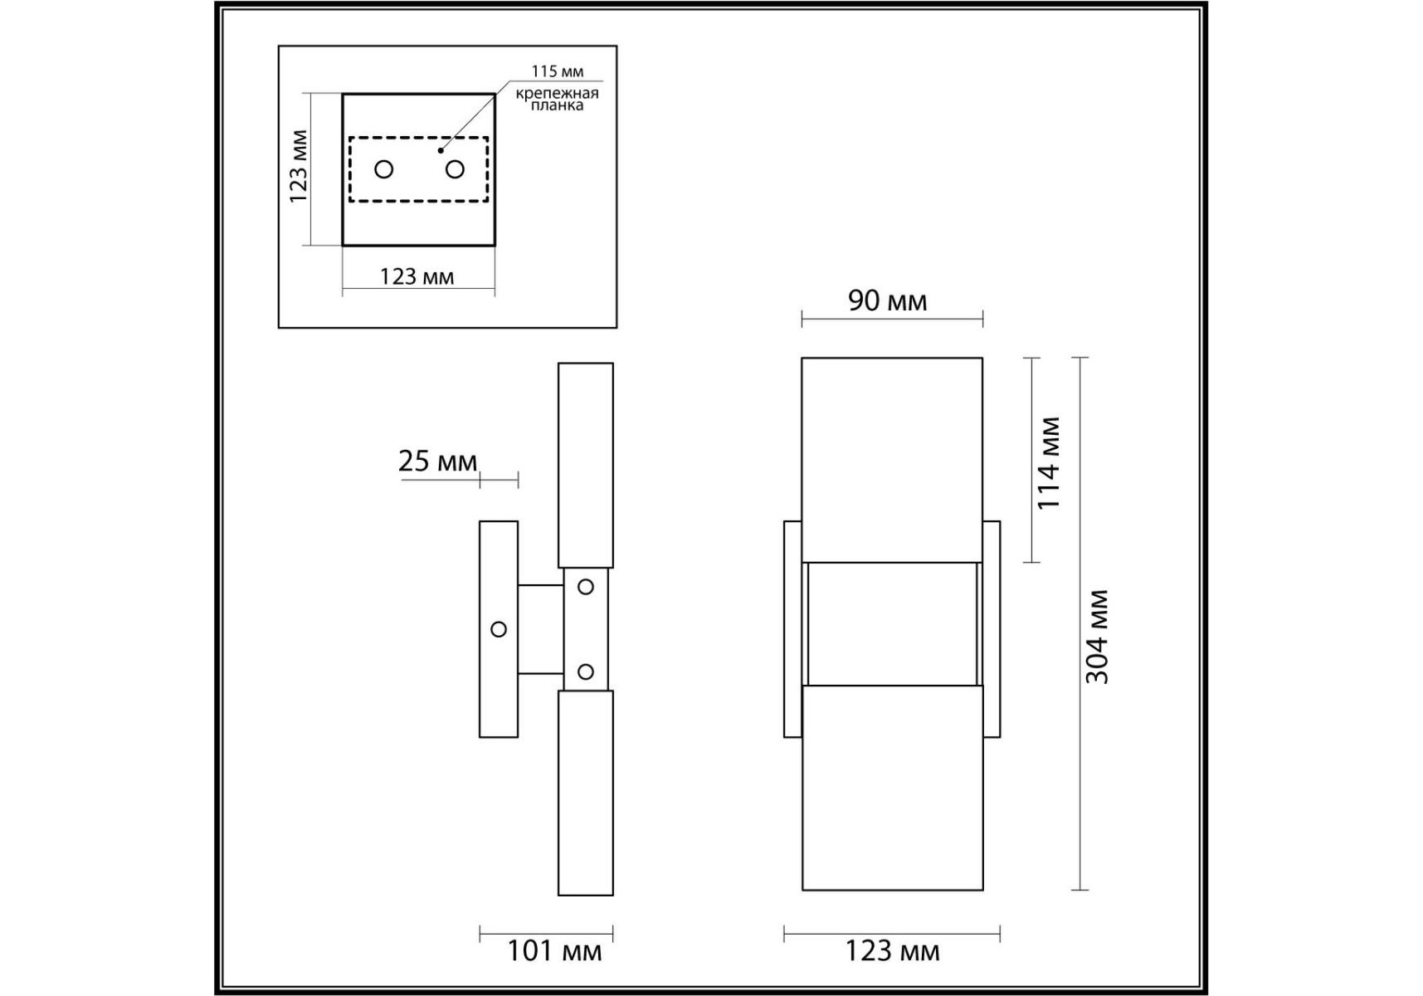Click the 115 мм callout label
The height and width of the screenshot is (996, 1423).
tap(558, 71)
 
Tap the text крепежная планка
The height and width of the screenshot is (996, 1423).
tap(558, 99)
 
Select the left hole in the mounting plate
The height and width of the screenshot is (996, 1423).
tap(383, 169)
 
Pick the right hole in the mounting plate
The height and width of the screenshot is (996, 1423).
tap(455, 169)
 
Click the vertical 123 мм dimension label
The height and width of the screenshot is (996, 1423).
tap(298, 167)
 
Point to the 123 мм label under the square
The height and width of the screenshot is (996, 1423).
tap(417, 276)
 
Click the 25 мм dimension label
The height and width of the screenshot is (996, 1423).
tap(437, 461)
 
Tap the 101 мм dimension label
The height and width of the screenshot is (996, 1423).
tap(554, 950)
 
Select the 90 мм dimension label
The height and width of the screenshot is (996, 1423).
tap(887, 300)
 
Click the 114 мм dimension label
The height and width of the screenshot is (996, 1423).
tap(1049, 463)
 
